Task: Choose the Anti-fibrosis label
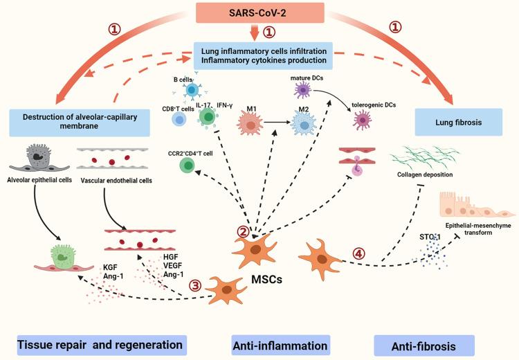click(424, 345)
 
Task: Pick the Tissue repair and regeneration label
click(100, 343)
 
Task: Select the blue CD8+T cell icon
click(179, 119)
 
